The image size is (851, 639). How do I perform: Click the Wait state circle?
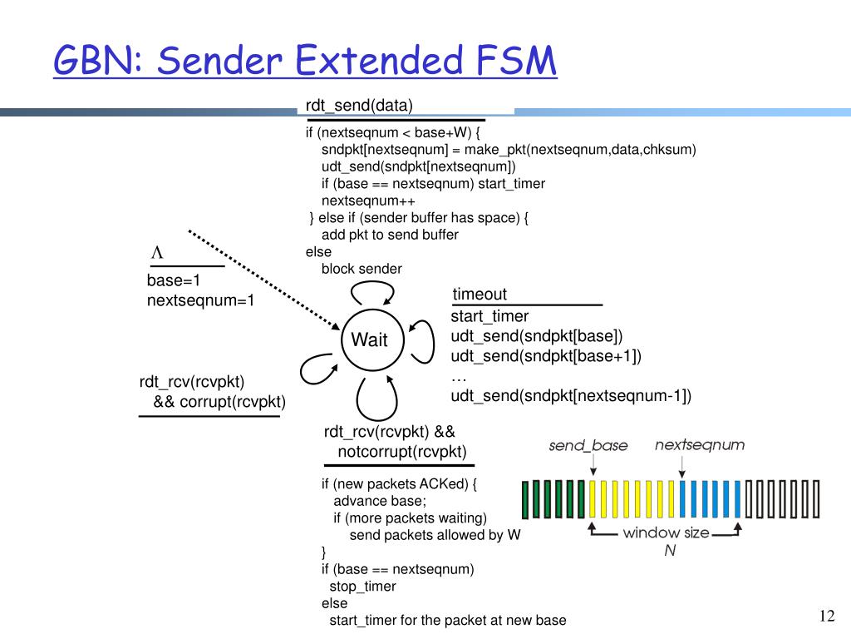(370, 339)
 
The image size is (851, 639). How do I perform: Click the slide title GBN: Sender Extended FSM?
(304, 62)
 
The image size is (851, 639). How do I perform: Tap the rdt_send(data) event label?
(359, 105)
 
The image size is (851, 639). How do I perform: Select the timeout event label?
(480, 295)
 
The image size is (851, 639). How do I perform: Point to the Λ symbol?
(155, 252)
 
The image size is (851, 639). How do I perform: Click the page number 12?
(826, 616)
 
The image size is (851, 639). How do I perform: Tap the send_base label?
(588, 446)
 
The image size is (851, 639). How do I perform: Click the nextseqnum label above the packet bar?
(700, 445)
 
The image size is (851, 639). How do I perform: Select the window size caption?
(666, 532)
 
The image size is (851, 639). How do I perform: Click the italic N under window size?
(668, 552)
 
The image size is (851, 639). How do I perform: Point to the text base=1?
(175, 280)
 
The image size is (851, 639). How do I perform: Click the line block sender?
(362, 269)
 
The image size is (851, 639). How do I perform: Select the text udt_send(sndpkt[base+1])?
(546, 356)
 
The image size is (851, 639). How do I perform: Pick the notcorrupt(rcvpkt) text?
(402, 452)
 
